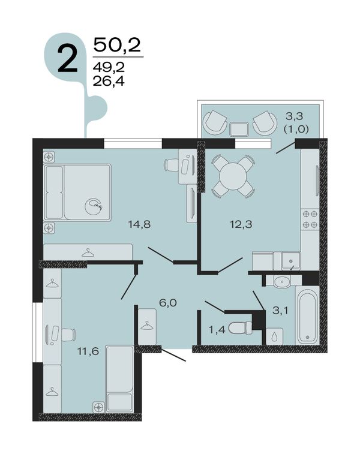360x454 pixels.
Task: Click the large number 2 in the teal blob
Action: [67, 59]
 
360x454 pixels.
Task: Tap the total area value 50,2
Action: [117, 45]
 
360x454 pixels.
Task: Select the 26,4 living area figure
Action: [109, 82]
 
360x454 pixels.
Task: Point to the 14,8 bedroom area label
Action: [140, 224]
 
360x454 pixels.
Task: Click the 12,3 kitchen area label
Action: [241, 224]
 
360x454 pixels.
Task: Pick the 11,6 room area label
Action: [88, 352]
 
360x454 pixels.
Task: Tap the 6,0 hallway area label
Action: [168, 303]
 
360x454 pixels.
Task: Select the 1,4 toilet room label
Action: [217, 329]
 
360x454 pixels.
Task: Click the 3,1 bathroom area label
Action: [280, 311]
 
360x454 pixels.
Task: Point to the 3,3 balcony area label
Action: [294, 116]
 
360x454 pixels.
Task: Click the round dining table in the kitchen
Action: [233, 176]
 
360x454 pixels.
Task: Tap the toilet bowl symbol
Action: [241, 328]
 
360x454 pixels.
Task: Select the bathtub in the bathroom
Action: [307, 315]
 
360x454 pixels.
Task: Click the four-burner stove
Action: [310, 219]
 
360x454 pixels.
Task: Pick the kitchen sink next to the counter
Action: [291, 261]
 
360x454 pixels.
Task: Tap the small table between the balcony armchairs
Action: [239, 129]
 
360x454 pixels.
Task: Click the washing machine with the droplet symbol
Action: [274, 336]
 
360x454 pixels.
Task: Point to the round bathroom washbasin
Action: [282, 281]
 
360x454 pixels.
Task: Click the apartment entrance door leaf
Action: [173, 355]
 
